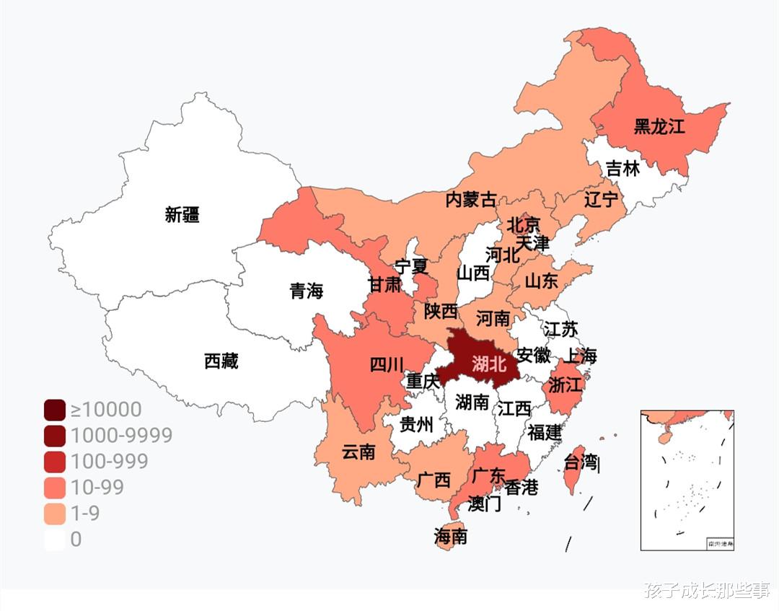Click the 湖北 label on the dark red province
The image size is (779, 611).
point(489,364)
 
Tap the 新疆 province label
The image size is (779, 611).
point(182,214)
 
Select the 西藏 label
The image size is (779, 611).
point(221,361)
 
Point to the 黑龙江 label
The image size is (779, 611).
point(659,126)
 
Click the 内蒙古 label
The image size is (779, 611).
point(471,200)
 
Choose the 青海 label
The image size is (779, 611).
point(307,291)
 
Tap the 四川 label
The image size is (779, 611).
point(387,364)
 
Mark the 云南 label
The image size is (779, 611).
point(358,452)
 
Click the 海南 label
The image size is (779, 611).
point(450,536)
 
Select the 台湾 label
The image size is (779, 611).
point(581,462)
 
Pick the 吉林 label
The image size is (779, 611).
point(622,169)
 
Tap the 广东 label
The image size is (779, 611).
point(488,476)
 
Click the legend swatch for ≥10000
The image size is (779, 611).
point(55,410)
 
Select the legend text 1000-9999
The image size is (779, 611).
point(121,436)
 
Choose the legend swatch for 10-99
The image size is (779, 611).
point(55,488)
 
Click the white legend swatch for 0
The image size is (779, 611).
point(55,540)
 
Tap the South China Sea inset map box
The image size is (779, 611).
point(687,480)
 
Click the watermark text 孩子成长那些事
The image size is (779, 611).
point(706,591)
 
